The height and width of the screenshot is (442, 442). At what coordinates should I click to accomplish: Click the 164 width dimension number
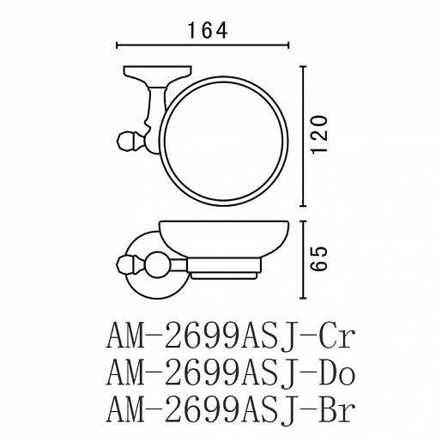208,30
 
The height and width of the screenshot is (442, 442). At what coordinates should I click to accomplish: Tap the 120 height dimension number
319,135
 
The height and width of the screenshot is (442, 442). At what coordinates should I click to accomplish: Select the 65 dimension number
319,258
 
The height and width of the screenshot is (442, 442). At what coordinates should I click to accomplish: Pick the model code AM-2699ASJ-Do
231,372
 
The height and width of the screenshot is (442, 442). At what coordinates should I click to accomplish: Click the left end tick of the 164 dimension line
117,45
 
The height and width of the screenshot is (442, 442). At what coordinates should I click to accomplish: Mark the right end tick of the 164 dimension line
288,45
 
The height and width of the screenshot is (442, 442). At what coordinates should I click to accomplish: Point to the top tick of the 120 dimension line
303,66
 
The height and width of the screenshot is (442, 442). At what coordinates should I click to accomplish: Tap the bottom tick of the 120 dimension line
303,205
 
